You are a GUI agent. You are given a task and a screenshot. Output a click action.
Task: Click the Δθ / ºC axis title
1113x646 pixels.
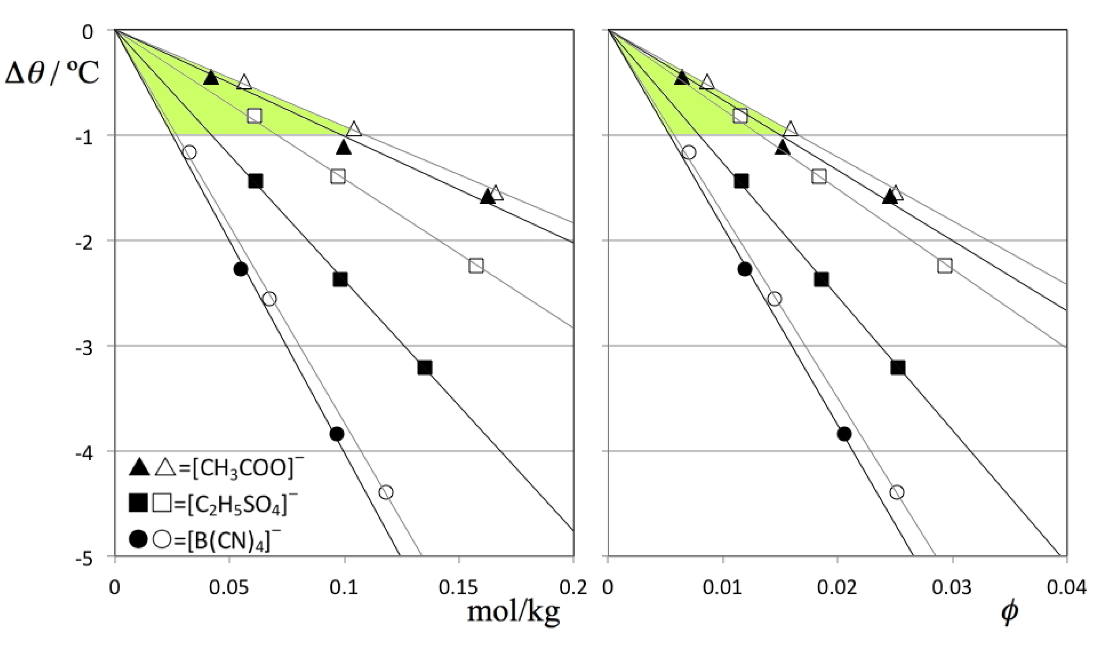pos(52,73)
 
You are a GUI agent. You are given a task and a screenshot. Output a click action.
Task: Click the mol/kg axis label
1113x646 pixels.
pos(513,612)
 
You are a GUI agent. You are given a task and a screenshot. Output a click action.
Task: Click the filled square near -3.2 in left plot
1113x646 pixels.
pos(424,368)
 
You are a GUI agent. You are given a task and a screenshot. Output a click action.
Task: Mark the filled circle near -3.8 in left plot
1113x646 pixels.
pos(336,434)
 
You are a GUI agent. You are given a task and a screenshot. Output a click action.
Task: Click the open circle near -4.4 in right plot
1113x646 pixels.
pos(897,492)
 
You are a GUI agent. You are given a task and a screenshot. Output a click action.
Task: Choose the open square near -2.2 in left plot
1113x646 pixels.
pos(476,266)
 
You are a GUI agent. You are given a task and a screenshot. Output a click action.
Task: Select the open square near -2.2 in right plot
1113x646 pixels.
pos(944,266)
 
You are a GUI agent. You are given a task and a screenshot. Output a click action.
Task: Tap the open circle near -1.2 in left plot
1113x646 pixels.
pos(189,152)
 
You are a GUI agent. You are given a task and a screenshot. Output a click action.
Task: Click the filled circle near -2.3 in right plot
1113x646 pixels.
pos(745,269)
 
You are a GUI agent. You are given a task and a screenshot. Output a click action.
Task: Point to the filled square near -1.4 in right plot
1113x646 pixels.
pos(741,181)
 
